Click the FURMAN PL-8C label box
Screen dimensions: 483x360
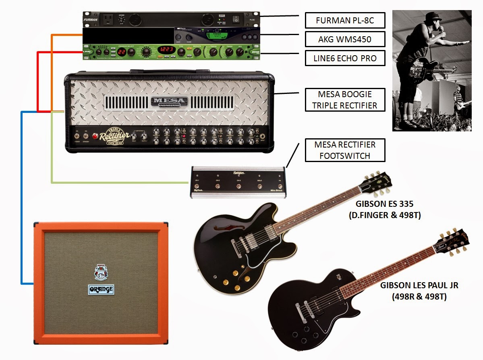[344, 20]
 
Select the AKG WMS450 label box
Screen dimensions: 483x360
[344, 39]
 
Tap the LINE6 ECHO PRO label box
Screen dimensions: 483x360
[344, 58]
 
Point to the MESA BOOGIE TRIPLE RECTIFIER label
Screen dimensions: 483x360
[344, 100]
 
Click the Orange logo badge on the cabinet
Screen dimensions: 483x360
[101, 289]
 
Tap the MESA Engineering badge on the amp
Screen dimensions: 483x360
[169, 101]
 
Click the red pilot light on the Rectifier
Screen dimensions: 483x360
[96, 136]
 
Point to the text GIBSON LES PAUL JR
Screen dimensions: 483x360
[419, 286]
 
